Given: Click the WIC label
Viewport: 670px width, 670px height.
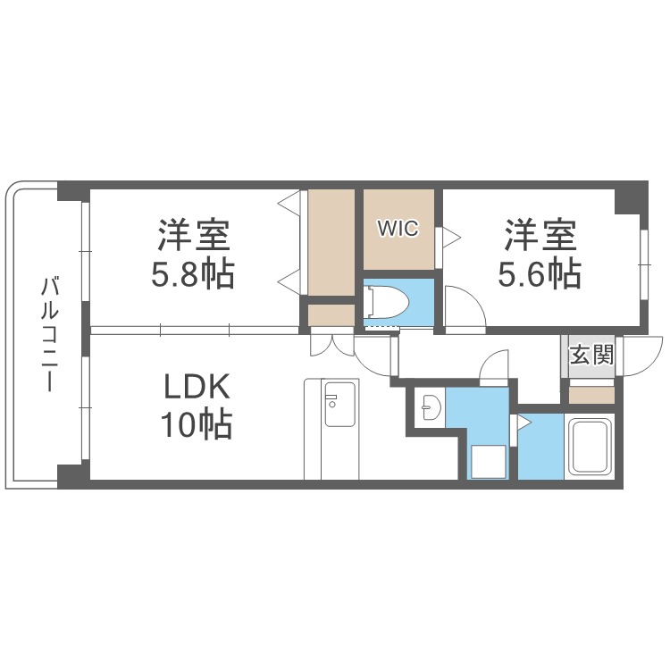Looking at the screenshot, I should [x=398, y=229].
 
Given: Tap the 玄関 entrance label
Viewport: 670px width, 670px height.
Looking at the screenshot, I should [x=590, y=356].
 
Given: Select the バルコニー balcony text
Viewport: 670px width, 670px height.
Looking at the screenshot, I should [x=50, y=335].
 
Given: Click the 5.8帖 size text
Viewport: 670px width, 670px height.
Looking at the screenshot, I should [x=195, y=274].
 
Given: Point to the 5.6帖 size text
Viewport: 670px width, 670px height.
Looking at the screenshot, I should [x=540, y=274].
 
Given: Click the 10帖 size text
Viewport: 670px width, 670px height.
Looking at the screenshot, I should [x=197, y=424].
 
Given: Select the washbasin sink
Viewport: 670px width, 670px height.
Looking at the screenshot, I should [x=429, y=407].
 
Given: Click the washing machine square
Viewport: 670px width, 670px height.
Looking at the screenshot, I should [x=488, y=463].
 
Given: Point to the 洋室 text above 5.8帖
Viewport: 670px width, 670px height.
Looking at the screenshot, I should [x=195, y=236].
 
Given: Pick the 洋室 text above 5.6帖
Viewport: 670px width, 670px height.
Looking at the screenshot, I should [x=540, y=236].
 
